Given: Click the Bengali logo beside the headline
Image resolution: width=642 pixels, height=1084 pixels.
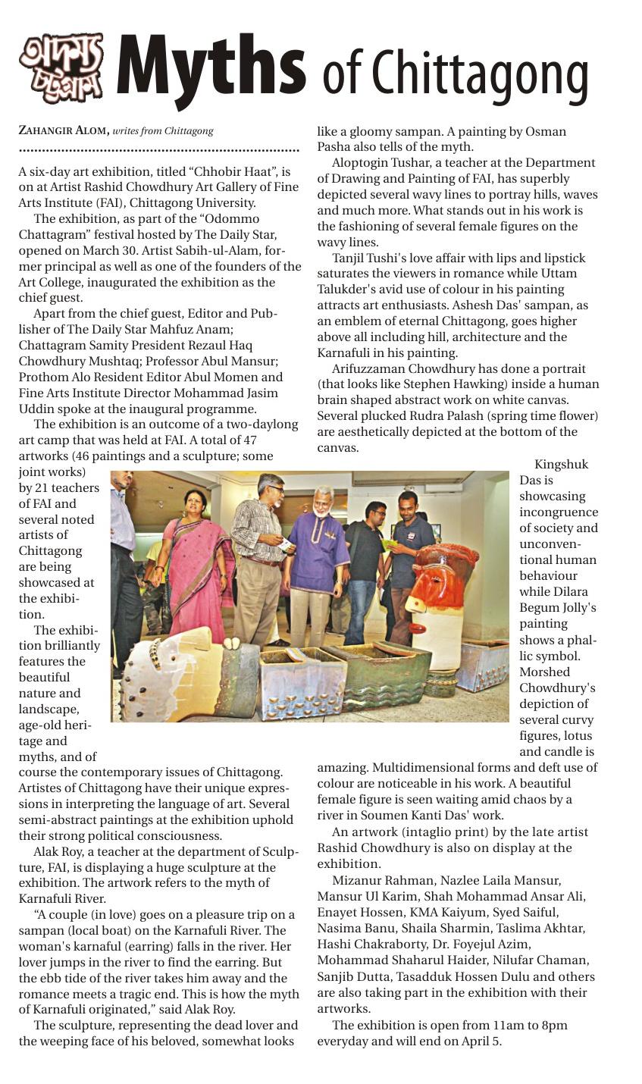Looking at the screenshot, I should [x=61, y=67].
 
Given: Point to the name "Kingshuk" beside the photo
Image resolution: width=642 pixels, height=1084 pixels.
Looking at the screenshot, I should [x=561, y=465].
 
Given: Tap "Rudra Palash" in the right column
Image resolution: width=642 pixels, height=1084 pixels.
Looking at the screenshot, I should [x=440, y=415].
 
